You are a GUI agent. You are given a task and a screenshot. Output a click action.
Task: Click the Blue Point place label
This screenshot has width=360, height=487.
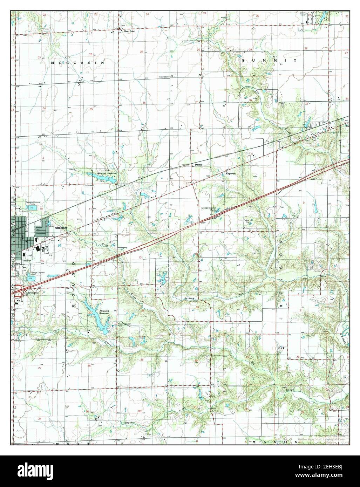coord(129,31)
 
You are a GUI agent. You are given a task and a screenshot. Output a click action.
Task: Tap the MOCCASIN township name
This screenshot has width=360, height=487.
coord(77,63)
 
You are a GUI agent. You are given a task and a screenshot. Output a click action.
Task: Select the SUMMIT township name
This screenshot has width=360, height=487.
coord(269,61)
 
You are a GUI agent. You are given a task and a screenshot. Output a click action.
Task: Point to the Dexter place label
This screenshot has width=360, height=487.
coord(199,164)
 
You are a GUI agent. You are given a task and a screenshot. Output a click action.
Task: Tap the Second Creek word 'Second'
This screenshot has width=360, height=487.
coord(189,298)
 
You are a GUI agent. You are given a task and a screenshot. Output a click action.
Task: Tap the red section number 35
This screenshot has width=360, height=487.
coord(91,109)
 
